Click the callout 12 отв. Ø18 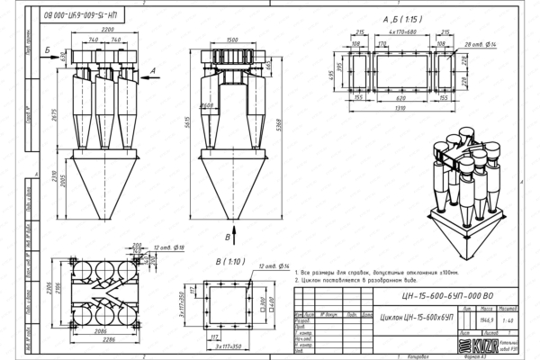point(168,247)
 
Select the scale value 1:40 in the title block point(508,319)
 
